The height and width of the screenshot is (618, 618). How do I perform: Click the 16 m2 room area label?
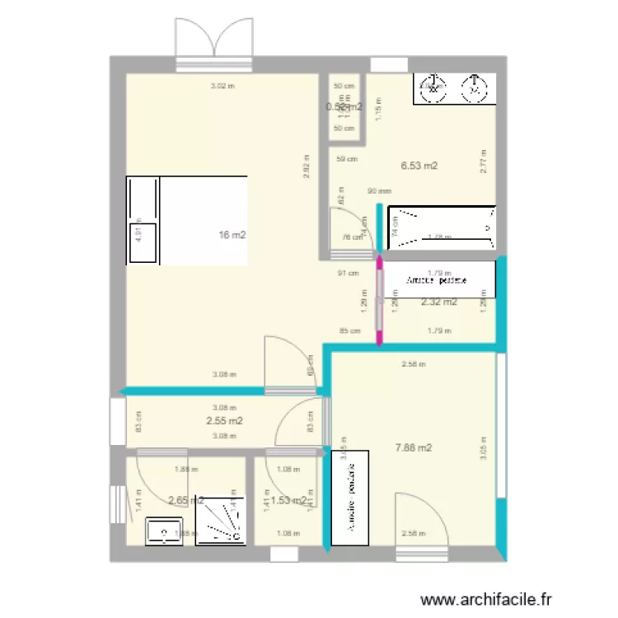232,236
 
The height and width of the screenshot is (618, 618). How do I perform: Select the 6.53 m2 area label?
419,166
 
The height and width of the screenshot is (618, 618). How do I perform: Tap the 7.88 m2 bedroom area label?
414,448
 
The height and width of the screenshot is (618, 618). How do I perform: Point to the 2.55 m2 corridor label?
224,421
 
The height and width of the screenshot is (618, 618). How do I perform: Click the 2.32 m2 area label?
439,302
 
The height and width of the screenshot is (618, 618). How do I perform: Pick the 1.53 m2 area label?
288,500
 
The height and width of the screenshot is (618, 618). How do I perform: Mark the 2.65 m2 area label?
185,500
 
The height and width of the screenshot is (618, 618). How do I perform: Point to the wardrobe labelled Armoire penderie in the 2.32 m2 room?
440,279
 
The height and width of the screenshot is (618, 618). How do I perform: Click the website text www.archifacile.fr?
485,602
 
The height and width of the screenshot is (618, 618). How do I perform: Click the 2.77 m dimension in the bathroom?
485,159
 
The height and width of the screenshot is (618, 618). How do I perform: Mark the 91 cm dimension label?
349,274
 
